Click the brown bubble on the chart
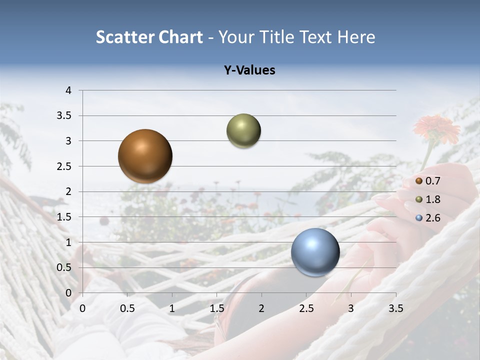(x=145, y=156)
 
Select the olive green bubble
(x=243, y=131)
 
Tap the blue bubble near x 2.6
(x=315, y=252)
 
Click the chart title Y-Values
(x=249, y=70)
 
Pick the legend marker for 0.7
(x=419, y=181)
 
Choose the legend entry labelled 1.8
(x=432, y=199)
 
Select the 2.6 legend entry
(x=432, y=218)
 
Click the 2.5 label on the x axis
(x=306, y=308)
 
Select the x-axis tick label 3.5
(x=395, y=308)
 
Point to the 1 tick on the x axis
(x=172, y=308)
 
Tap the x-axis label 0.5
(x=127, y=308)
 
